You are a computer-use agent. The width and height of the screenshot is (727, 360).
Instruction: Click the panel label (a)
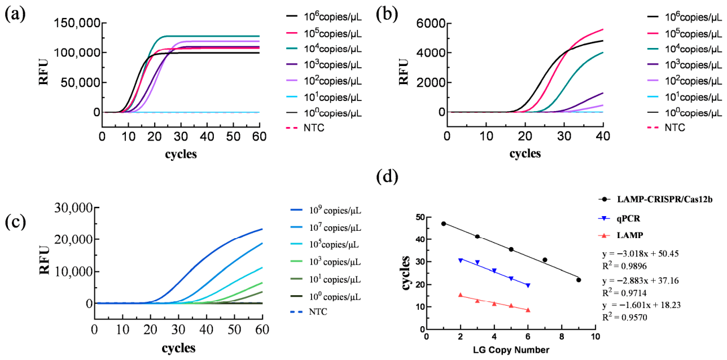[15, 15]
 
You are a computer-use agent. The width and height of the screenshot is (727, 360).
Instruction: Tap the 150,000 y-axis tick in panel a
[77, 23]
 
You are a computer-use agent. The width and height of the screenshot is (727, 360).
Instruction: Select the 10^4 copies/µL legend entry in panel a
[324, 49]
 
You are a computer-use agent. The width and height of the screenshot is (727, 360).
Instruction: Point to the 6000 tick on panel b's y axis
[430, 23]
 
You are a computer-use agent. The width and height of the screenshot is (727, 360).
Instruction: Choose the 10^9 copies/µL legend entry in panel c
[326, 210]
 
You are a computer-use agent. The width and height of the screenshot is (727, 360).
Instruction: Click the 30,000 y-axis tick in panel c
[73, 208]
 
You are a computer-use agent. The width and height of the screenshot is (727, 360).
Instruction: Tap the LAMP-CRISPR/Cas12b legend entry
[655, 199]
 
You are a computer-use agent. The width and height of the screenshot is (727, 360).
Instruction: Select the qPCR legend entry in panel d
[619, 218]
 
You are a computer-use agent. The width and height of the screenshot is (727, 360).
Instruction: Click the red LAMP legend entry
[621, 235]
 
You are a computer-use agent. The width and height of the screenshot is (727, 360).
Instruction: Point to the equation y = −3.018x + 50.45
[640, 253]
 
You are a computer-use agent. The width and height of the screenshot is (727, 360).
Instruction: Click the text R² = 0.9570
[625, 317]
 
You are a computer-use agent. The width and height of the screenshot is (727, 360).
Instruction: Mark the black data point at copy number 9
[579, 280]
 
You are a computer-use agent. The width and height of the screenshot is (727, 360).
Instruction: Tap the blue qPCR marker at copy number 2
[460, 261]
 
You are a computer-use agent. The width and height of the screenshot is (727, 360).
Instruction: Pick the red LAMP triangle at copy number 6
[528, 310]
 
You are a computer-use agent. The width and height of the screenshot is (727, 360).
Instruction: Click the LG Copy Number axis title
[511, 350]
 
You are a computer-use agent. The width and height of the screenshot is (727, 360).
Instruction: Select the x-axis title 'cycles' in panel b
[525, 153]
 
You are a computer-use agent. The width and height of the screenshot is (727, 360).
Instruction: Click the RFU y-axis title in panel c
[44, 261]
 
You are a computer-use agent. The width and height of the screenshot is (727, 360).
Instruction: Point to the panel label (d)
[387, 177]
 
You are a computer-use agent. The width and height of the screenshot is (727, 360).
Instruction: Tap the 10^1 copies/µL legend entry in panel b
[685, 97]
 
